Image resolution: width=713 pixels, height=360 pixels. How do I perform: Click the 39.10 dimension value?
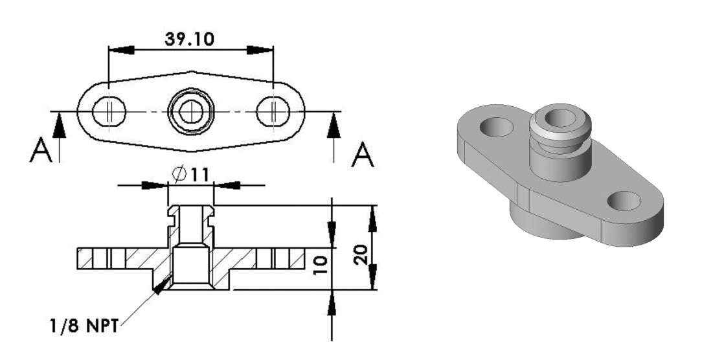(190, 38)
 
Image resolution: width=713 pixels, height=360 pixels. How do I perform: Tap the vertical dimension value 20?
(363, 253)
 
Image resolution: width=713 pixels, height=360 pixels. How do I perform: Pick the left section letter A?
(40, 153)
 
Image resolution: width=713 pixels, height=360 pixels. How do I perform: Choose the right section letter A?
(362, 155)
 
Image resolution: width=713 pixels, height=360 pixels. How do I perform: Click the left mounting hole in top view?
(107, 113)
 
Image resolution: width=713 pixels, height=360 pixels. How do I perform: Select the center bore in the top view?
(190, 112)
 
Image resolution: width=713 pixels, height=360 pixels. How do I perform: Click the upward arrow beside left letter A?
(59, 126)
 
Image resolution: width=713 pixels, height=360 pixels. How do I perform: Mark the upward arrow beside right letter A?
(334, 126)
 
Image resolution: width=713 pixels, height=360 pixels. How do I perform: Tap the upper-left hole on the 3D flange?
(497, 126)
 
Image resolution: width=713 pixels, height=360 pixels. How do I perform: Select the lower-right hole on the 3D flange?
(624, 201)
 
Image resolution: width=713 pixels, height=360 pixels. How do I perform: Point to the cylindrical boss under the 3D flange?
(541, 223)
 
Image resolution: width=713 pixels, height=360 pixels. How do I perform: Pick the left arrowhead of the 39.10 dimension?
(123, 50)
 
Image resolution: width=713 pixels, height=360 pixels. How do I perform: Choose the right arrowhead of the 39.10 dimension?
(259, 50)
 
